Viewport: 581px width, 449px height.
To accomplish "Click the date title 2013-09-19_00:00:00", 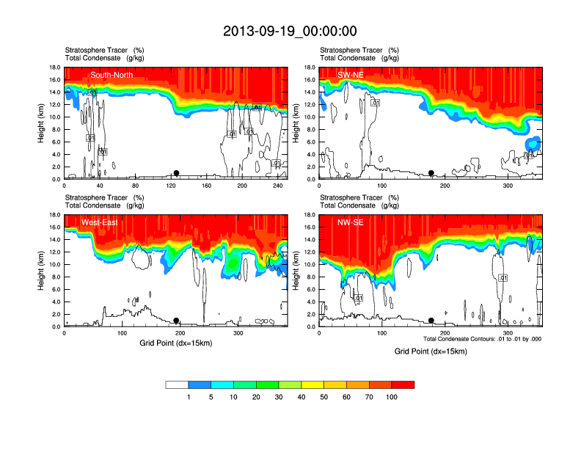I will [x=290, y=31].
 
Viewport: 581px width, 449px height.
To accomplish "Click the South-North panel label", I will [x=112, y=75].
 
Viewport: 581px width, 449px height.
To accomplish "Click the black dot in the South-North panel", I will [x=176, y=173].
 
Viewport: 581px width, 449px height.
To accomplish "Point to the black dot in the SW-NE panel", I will [x=431, y=173].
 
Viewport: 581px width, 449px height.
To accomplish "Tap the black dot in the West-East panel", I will [x=176, y=321].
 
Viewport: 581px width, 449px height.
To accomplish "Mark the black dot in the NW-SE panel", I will [x=431, y=321].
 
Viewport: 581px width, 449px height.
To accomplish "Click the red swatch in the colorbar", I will [x=403, y=384].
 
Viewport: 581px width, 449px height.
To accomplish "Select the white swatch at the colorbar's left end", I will [x=177, y=384].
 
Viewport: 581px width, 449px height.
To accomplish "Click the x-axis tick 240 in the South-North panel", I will [x=277, y=186].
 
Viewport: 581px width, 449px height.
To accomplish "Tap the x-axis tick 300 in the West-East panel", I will [x=238, y=333].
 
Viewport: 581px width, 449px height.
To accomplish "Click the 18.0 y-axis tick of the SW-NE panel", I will [x=310, y=67].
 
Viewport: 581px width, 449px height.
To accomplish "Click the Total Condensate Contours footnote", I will [x=483, y=339].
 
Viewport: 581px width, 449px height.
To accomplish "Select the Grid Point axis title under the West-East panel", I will [x=175, y=343].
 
